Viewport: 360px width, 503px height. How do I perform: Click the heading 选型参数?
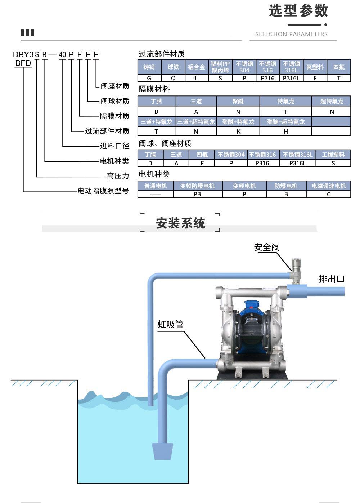298,11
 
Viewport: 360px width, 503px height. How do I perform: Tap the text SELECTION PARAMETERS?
291,34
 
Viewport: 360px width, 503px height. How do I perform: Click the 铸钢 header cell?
149,67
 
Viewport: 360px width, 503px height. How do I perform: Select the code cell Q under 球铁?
173,78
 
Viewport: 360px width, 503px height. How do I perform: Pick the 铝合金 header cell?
197,67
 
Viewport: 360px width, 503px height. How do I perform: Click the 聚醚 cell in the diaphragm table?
238,101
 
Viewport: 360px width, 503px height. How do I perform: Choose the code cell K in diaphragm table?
238,132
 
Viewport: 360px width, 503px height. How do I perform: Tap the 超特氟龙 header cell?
332,101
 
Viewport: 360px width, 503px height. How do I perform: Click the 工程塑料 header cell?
333,155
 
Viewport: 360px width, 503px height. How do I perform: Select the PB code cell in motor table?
197,194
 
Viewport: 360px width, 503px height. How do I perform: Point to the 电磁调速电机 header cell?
328,186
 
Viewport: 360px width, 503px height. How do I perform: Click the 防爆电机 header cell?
286,186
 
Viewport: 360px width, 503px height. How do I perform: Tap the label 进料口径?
114,146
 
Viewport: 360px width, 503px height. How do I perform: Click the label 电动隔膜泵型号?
103,191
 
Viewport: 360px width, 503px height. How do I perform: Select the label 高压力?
118,176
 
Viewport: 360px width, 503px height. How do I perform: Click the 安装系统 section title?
180,223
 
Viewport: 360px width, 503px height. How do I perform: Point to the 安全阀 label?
267,247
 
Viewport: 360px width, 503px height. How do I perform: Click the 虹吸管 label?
171,324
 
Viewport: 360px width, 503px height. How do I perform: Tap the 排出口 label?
332,279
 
